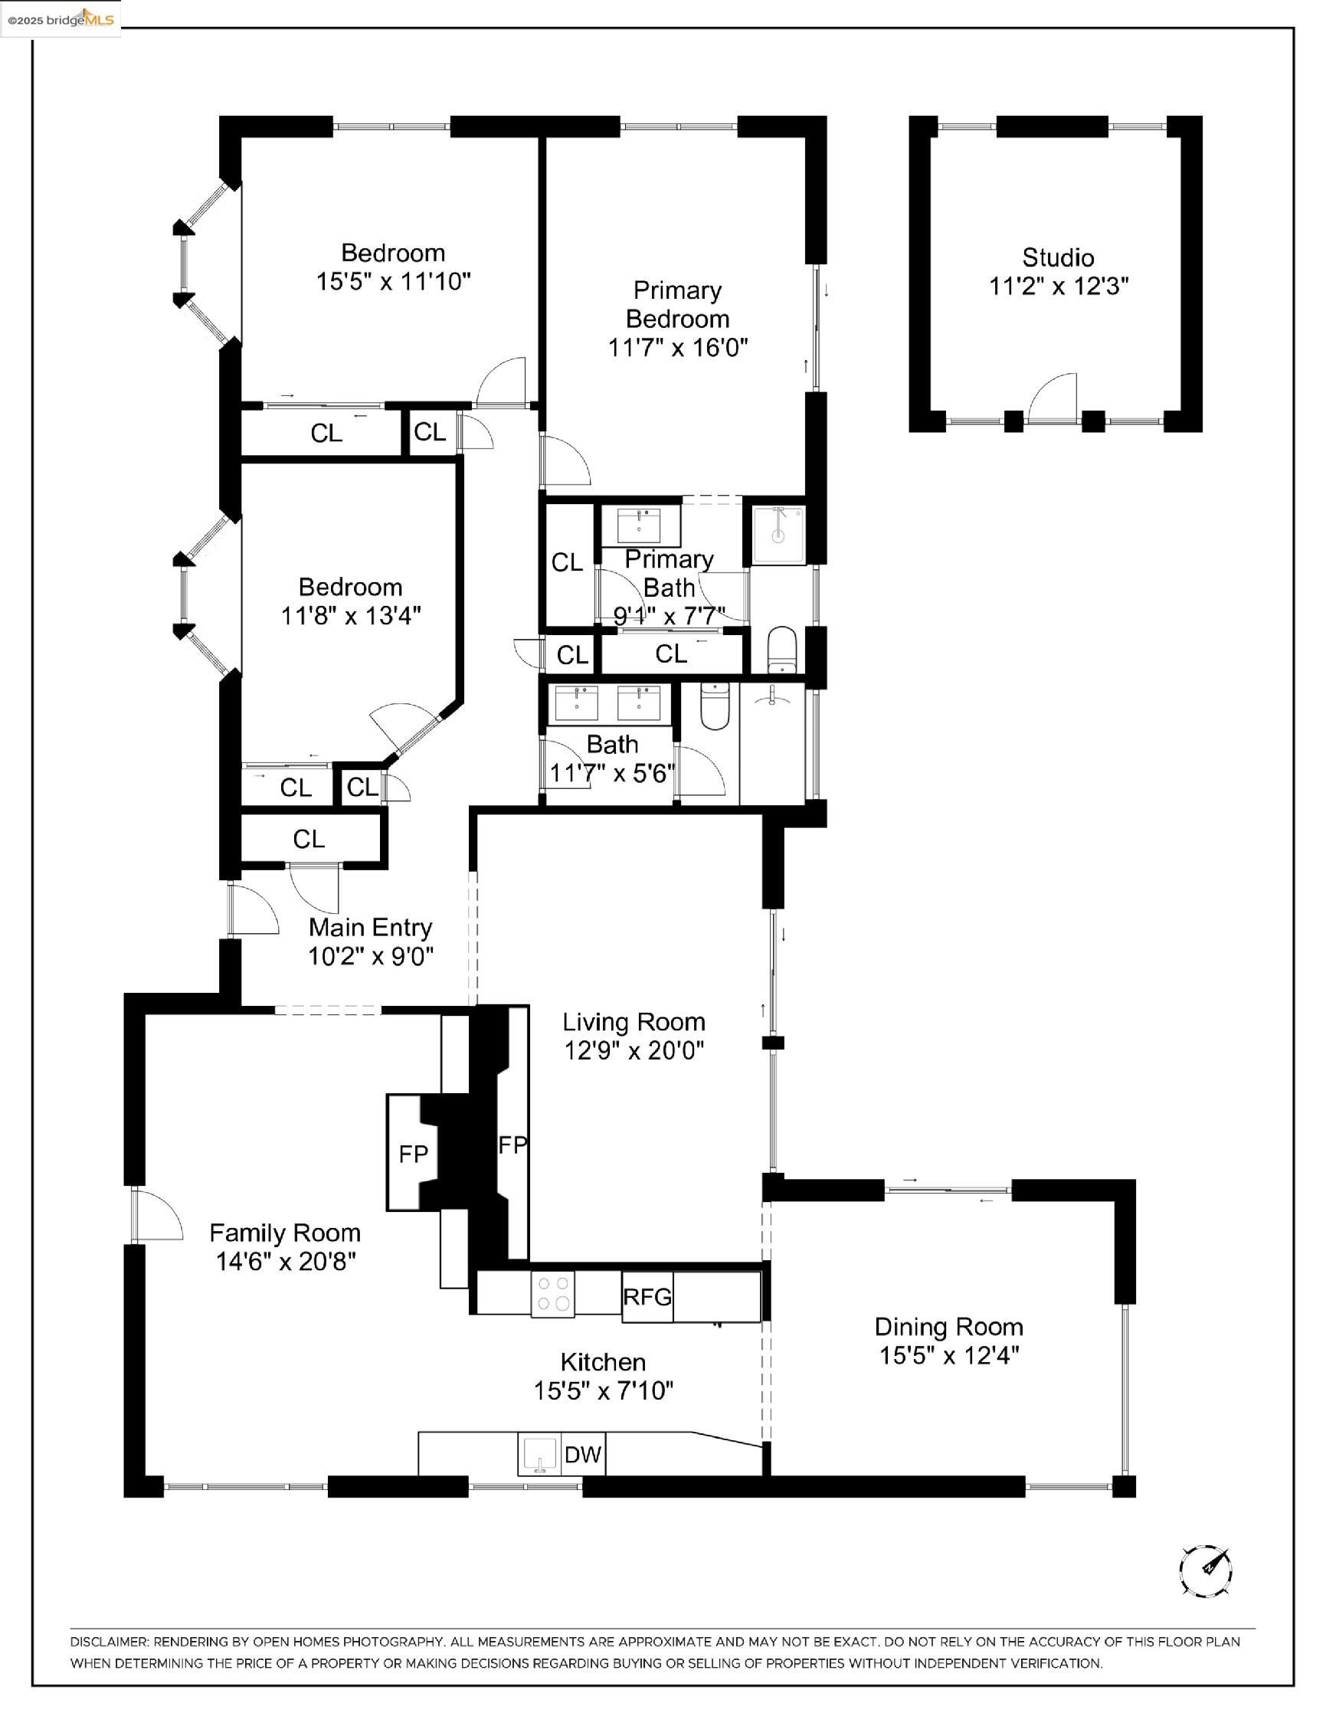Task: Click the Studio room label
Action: coord(1057,257)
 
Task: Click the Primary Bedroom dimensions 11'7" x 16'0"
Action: coord(677,346)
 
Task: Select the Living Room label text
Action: coord(634,1022)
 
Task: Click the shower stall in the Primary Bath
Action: coord(778,534)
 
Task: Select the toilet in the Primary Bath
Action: coord(781,649)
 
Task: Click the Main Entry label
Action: coord(370,927)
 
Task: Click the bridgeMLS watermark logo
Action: coord(61,20)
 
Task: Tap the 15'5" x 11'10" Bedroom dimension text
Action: coord(393,281)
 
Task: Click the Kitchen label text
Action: coord(603,1362)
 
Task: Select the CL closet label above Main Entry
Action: coord(309,839)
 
